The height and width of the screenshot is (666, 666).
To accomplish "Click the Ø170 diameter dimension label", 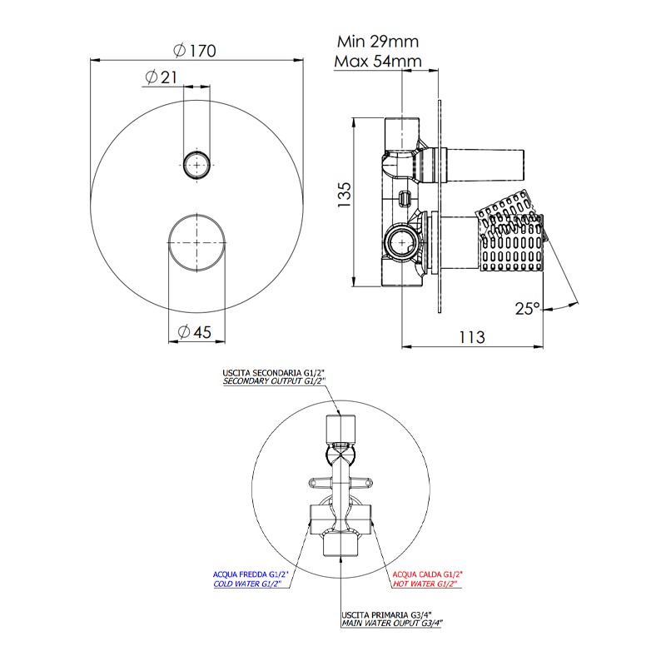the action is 195,51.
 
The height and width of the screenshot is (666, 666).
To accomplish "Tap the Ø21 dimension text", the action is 161,77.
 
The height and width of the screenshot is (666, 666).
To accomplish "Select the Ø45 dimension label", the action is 194,331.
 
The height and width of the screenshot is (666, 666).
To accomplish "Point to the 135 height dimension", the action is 345,195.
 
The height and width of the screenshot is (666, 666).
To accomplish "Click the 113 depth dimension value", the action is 472,337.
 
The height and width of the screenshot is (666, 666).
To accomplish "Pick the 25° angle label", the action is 528,308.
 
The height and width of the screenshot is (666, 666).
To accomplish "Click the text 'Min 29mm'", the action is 378,42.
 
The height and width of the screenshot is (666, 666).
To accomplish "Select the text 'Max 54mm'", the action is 378,61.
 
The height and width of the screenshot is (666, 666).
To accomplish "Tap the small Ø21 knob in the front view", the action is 196,164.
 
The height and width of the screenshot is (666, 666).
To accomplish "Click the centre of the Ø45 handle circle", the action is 196,242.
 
